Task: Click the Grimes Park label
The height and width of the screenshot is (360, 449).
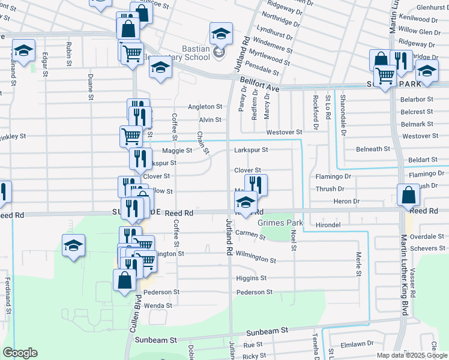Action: click(x=279, y=223)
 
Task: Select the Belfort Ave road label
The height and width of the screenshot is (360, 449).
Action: click(x=259, y=83)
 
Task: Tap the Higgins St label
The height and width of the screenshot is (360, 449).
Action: click(x=252, y=278)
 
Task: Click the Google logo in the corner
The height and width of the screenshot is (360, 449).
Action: click(x=20, y=353)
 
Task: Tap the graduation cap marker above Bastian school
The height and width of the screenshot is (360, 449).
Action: click(x=221, y=34)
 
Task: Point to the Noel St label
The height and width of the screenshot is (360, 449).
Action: click(x=294, y=239)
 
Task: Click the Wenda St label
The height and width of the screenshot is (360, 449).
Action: click(x=158, y=305)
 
